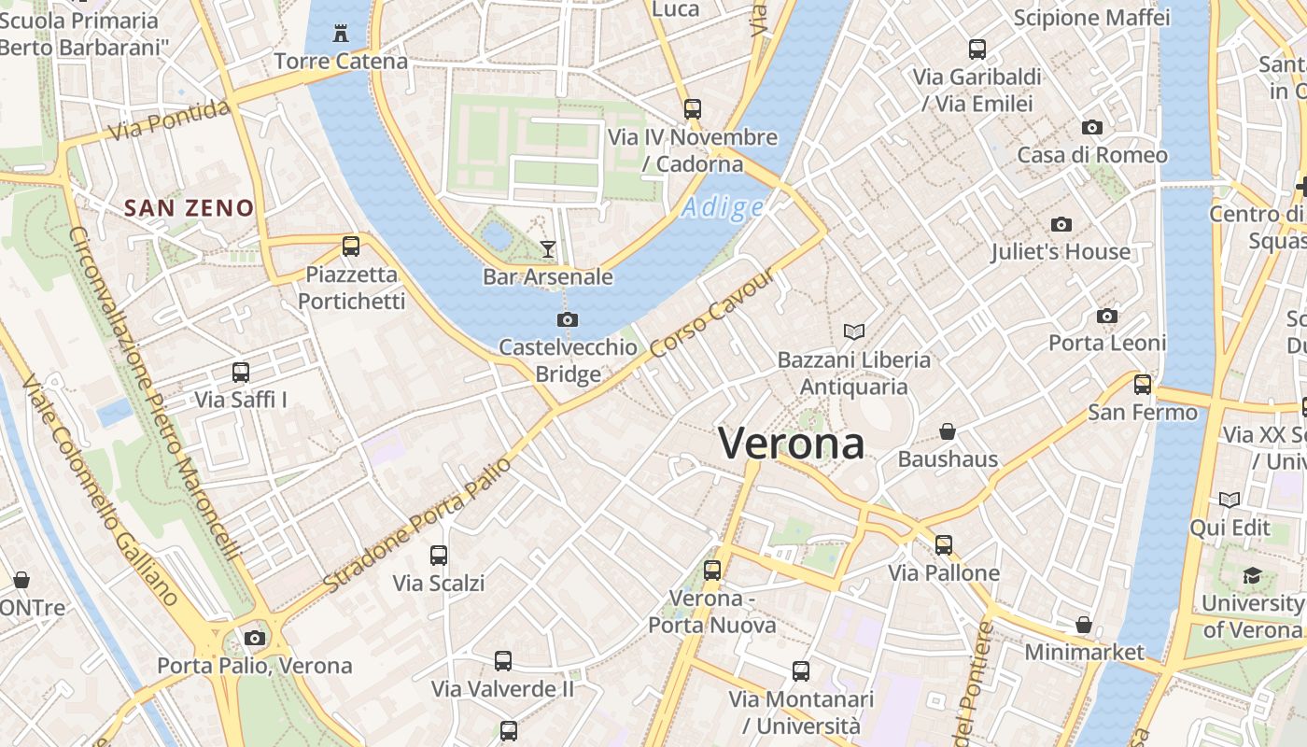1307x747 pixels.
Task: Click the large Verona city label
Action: click(x=792, y=443)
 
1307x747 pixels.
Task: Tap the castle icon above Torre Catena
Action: click(x=341, y=35)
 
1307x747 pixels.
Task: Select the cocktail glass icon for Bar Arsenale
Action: click(x=548, y=248)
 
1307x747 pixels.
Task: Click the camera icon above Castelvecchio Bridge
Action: click(x=567, y=320)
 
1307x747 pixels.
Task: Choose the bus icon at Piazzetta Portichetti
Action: click(x=351, y=247)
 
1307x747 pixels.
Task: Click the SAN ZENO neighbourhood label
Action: click(x=190, y=207)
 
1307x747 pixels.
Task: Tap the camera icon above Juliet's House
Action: click(x=1061, y=224)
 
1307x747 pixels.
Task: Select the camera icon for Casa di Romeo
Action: click(x=1091, y=127)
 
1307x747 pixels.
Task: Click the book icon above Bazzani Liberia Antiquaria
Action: click(x=853, y=331)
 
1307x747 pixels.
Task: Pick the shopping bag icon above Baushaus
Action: click(x=948, y=431)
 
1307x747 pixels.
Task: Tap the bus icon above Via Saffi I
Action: click(x=240, y=373)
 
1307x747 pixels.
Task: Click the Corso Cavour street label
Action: click(x=713, y=315)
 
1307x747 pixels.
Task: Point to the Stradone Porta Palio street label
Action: click(x=419, y=524)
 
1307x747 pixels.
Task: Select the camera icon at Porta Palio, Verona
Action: click(x=254, y=639)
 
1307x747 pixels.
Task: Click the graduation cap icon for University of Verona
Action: click(x=1251, y=575)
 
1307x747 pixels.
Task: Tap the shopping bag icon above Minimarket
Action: click(x=1084, y=624)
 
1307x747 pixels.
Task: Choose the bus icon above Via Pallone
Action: click(x=944, y=545)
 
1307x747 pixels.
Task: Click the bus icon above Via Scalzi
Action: click(x=439, y=556)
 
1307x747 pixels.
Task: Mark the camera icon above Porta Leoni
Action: click(x=1107, y=316)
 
